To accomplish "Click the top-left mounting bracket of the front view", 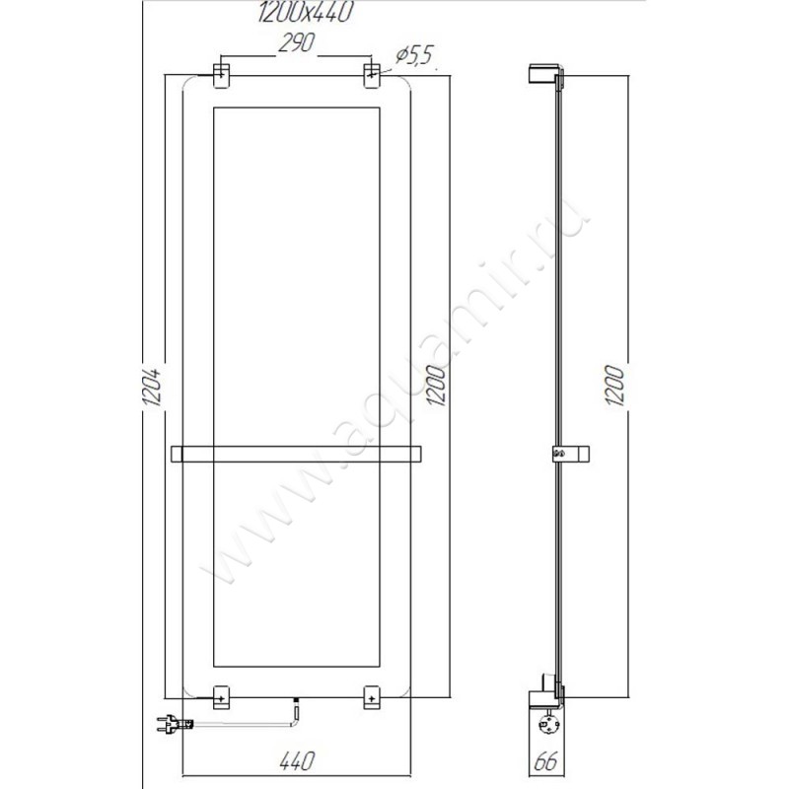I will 221,76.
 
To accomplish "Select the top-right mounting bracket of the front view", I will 373,76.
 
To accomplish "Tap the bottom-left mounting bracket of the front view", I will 221,696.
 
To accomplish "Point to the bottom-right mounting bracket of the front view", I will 373,696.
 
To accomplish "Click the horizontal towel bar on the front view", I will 297,454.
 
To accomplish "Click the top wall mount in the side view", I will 543,73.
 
